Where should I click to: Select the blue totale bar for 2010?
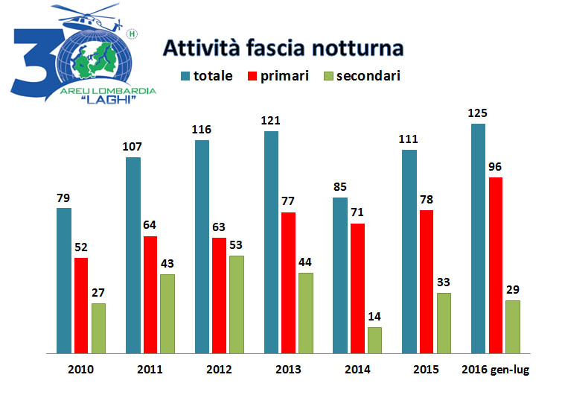point(64,279)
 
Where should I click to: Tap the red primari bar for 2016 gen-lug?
point(495,265)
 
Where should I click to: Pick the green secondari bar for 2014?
point(374,340)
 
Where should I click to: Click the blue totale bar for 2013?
point(271,241)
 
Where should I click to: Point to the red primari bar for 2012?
point(219,295)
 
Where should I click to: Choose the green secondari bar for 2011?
point(167,313)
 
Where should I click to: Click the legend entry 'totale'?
point(206,75)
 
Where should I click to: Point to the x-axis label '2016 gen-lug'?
point(495,370)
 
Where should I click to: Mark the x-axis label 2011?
point(150,370)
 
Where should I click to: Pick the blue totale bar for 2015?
point(409,251)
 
